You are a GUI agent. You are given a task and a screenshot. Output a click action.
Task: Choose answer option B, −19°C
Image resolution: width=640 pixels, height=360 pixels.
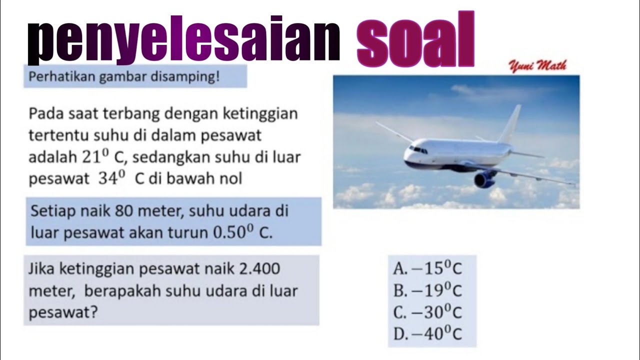pyautogui.click(x=427, y=290)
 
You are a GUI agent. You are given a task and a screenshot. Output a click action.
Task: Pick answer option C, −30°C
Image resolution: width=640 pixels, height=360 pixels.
pyautogui.click(x=427, y=312)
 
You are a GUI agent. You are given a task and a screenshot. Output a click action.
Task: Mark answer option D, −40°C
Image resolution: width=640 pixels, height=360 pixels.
pyautogui.click(x=427, y=334)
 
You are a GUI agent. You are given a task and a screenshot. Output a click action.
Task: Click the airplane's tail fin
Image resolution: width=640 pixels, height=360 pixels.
pyautogui.click(x=511, y=123)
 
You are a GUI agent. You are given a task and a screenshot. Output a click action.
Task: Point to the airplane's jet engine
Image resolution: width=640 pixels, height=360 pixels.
pyautogui.click(x=484, y=179)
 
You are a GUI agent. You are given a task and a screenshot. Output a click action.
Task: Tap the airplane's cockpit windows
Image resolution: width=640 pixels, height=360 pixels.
pyautogui.click(x=417, y=148)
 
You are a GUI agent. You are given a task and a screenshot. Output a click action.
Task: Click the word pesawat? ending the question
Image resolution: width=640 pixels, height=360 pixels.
pyautogui.click(x=63, y=313)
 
